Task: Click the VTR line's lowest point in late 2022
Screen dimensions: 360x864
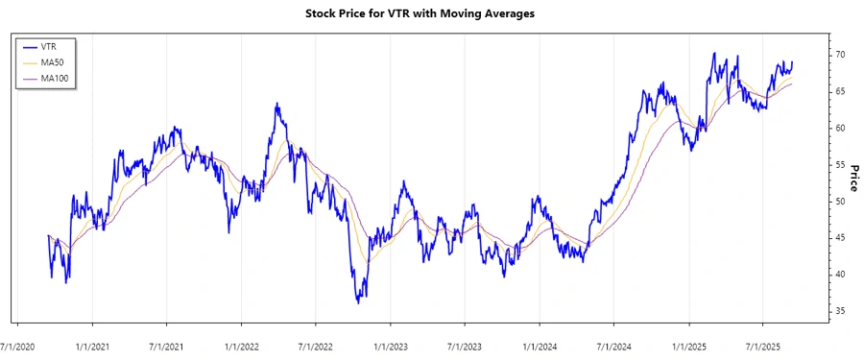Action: [358, 302]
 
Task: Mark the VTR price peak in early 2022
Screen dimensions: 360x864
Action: [276, 103]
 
